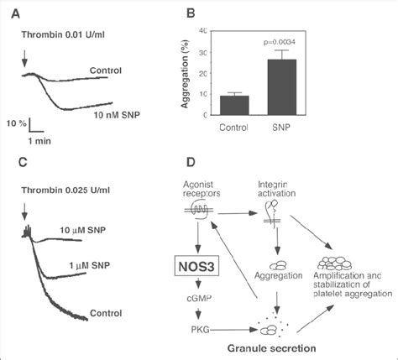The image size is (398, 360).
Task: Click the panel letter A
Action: [x=16, y=13]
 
